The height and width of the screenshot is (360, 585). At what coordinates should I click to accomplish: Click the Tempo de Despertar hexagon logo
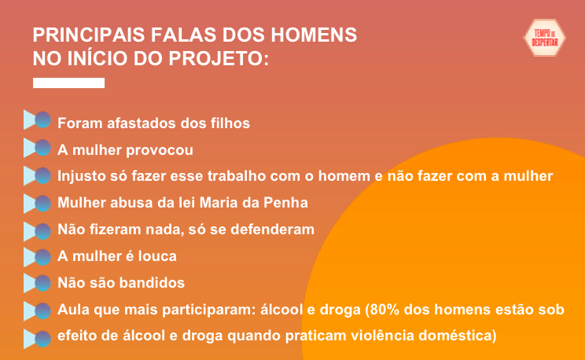pyautogui.click(x=544, y=38)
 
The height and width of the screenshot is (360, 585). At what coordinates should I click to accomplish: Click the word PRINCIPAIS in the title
pyautogui.click(x=89, y=35)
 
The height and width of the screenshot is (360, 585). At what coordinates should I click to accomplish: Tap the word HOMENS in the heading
pyautogui.click(x=314, y=35)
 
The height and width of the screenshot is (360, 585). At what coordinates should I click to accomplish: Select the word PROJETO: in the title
pyautogui.click(x=219, y=59)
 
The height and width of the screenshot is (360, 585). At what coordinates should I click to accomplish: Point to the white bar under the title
pyautogui.click(x=68, y=83)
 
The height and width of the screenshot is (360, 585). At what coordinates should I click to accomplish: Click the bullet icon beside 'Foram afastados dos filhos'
pyautogui.click(x=37, y=119)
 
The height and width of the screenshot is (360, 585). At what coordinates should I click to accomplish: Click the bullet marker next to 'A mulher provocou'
pyautogui.click(x=37, y=148)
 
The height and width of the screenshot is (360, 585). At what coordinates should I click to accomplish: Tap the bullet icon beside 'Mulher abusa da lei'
pyautogui.click(x=37, y=204)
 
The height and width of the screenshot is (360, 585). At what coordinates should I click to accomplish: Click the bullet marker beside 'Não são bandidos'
pyautogui.click(x=37, y=283)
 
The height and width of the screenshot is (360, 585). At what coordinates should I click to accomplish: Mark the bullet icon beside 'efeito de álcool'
pyautogui.click(x=37, y=339)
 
